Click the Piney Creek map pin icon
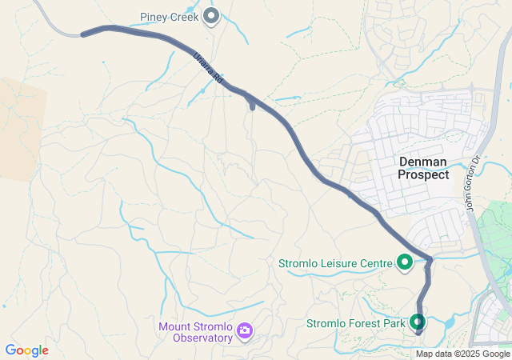click(x=211, y=16)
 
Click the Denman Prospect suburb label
click(x=423, y=168)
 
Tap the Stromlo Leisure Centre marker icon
click(x=405, y=262)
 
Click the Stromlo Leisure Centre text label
click(x=335, y=262)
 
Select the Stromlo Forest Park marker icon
click(x=417, y=322)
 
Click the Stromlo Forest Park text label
click(x=356, y=324)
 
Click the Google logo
click(x=26, y=350)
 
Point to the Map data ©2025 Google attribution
click(x=462, y=354)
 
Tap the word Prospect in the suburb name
click(x=423, y=174)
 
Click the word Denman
click(x=423, y=162)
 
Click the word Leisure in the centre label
click(x=338, y=262)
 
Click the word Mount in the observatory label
click(x=174, y=326)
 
